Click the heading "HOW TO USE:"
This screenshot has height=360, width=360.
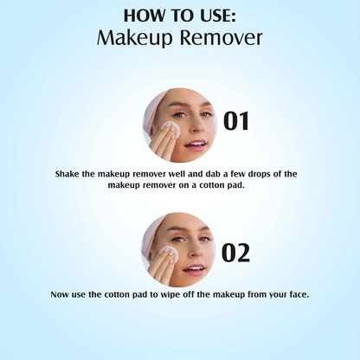point(180,16)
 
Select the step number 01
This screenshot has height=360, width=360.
point(236,121)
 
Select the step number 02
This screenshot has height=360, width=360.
point(236,252)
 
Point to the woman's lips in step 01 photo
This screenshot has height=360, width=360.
point(196,143)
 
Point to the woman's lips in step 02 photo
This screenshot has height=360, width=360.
point(196,269)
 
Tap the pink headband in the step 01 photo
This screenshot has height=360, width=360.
point(161,102)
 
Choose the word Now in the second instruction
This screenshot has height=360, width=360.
point(61,295)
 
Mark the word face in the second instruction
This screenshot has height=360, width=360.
point(293,295)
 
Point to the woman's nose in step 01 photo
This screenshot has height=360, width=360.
point(195,126)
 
